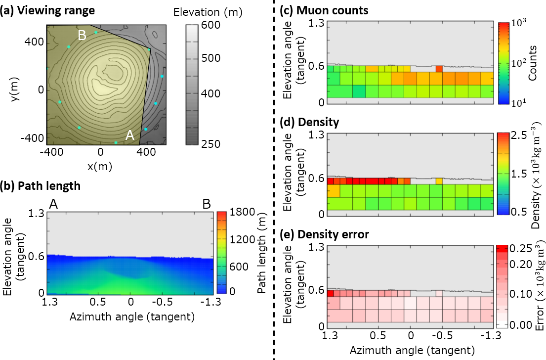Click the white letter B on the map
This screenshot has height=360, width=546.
tap(82, 35)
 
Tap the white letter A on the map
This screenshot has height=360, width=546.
tap(130, 135)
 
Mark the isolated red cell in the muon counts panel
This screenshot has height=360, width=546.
tap(439, 69)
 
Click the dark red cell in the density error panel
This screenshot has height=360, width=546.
tap(331, 293)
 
